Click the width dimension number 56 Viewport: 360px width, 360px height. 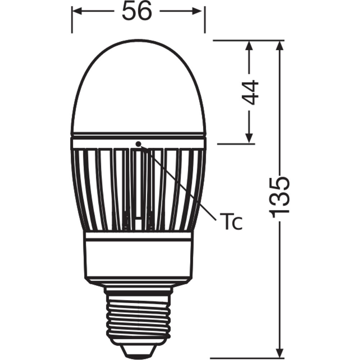137,11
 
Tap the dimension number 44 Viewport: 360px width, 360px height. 250,92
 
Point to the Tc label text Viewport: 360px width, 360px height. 230,221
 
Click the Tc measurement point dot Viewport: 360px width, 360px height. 138,144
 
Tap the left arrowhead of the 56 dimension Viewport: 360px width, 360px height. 77,11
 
